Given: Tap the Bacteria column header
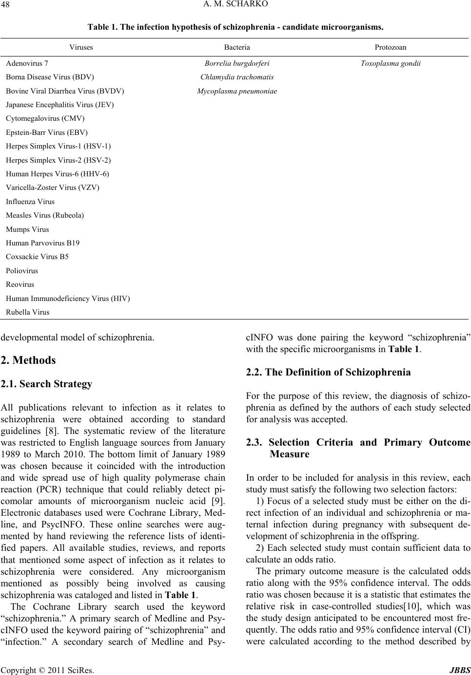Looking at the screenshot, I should tap(237, 47).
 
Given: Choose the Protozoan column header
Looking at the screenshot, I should tap(391, 47).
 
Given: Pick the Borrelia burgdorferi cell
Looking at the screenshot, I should tap(237, 63).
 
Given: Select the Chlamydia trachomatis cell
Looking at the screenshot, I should tap(237, 77).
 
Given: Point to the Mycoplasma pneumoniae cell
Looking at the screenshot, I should tap(237, 91).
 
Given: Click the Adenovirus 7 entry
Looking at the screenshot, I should tap(27, 63).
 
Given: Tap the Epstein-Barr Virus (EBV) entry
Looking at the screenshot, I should tap(47, 132).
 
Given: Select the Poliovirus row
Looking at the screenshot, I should tap(22, 270).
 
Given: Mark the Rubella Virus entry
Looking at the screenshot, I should tap(27, 312).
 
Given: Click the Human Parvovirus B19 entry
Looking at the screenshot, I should tap(43, 243).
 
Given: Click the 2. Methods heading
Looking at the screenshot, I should tap(28, 360).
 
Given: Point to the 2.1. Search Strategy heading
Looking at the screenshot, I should tap(46, 384).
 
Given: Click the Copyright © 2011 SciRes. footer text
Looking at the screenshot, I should tap(48, 669).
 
